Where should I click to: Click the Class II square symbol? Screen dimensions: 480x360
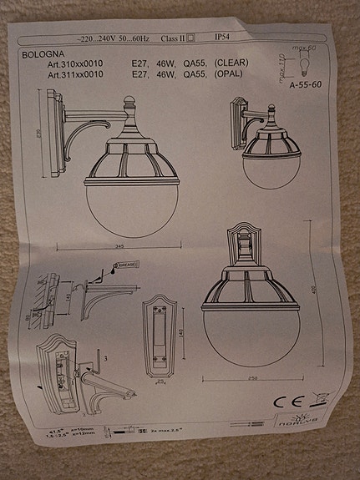point(191,38)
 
